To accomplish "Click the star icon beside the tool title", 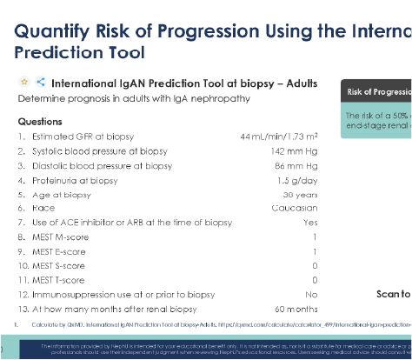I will click(24, 83).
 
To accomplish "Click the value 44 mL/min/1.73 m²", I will click(279, 137).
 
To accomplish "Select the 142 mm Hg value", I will click(296, 151).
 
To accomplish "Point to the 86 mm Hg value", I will click(297, 165).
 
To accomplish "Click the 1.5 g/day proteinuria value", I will click(297, 180).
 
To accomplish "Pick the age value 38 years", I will click(299, 194).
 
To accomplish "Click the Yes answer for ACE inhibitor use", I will click(310, 223).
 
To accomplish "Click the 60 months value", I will click(296, 309).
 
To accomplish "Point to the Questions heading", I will click(40, 122).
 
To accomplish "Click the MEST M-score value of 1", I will click(315, 237).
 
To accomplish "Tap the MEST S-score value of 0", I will click(315, 265).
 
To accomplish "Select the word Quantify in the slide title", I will click(56, 31).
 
